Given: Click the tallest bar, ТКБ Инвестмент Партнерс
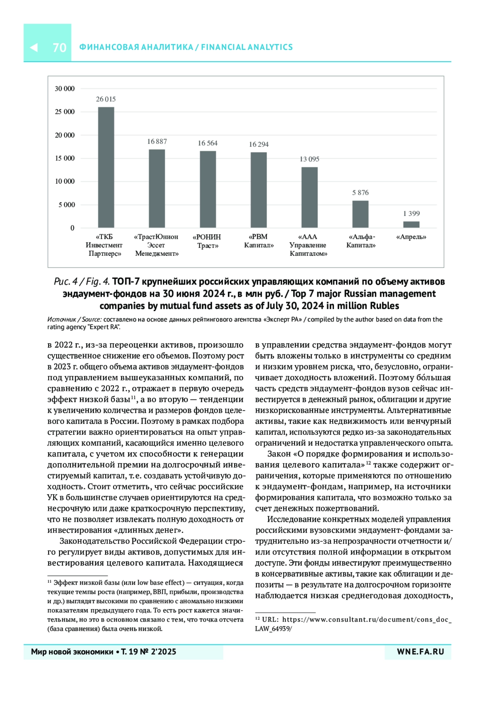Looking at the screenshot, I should (106, 167).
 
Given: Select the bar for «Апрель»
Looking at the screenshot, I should (411, 224).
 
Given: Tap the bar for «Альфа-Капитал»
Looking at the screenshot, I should (360, 214).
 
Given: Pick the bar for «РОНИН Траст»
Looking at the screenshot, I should (208, 189).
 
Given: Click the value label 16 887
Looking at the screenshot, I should (157, 142).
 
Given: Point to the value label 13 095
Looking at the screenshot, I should (309, 159).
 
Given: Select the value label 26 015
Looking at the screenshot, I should (106, 99).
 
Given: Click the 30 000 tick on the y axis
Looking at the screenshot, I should (64, 89).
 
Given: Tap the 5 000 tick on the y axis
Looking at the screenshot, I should (67, 205).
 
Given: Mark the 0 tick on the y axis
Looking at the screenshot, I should (72, 228).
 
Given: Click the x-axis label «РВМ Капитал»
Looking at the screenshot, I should (259, 241).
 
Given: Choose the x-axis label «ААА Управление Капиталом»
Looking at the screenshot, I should (308, 245).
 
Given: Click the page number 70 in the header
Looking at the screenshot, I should (59, 47).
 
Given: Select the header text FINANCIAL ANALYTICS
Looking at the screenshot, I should (247, 47).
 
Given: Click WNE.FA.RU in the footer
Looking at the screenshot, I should (420, 652).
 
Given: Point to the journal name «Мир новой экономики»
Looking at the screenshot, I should (72, 652).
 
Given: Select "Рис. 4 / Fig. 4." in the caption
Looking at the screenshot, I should (82, 282).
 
